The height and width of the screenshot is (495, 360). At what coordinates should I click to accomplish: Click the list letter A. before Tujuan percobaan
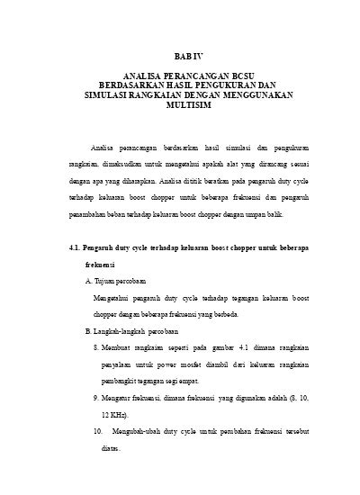click(87, 283)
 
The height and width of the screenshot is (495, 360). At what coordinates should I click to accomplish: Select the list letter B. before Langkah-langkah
click(87, 332)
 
